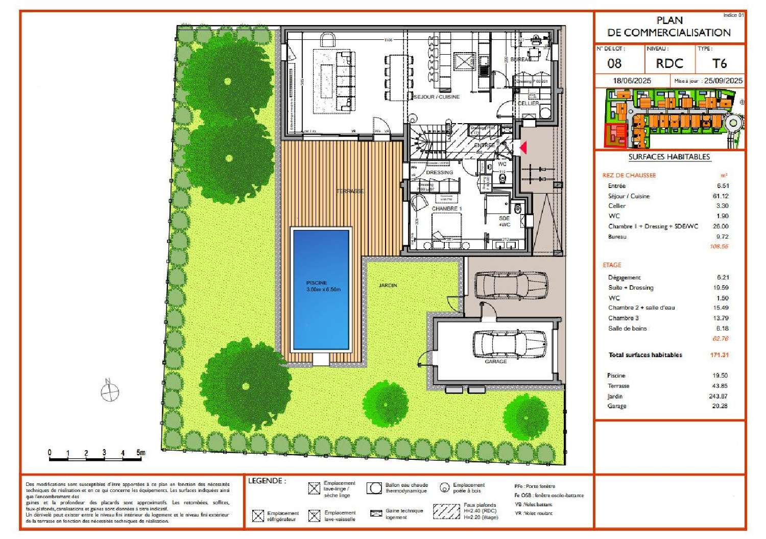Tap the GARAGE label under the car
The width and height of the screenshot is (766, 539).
pos(495,361)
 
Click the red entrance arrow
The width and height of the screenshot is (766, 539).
pos(522,148)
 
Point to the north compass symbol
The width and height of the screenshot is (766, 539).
pos(109,392)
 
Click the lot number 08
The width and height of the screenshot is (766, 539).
pos(614,63)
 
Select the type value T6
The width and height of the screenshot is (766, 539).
pos(719,63)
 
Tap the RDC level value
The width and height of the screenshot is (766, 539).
pos(669,63)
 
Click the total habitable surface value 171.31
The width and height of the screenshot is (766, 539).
pos(719,355)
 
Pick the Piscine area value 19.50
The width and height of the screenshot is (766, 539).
pos(720,376)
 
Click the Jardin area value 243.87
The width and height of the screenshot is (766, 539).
pos(718,396)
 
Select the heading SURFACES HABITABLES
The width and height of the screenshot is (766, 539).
pos(669,157)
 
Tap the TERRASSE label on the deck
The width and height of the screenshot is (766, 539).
pos(350,191)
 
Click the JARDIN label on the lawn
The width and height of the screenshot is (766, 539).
pos(388,285)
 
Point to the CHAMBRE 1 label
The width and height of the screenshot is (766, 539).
pos(446,208)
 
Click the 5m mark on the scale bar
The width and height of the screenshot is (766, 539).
pos(140,453)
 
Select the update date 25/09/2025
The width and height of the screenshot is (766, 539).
pos(723,81)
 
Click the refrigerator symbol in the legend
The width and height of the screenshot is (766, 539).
pos(258,515)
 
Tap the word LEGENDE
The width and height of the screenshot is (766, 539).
pos(267,481)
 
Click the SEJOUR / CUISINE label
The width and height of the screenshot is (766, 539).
pos(436,97)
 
